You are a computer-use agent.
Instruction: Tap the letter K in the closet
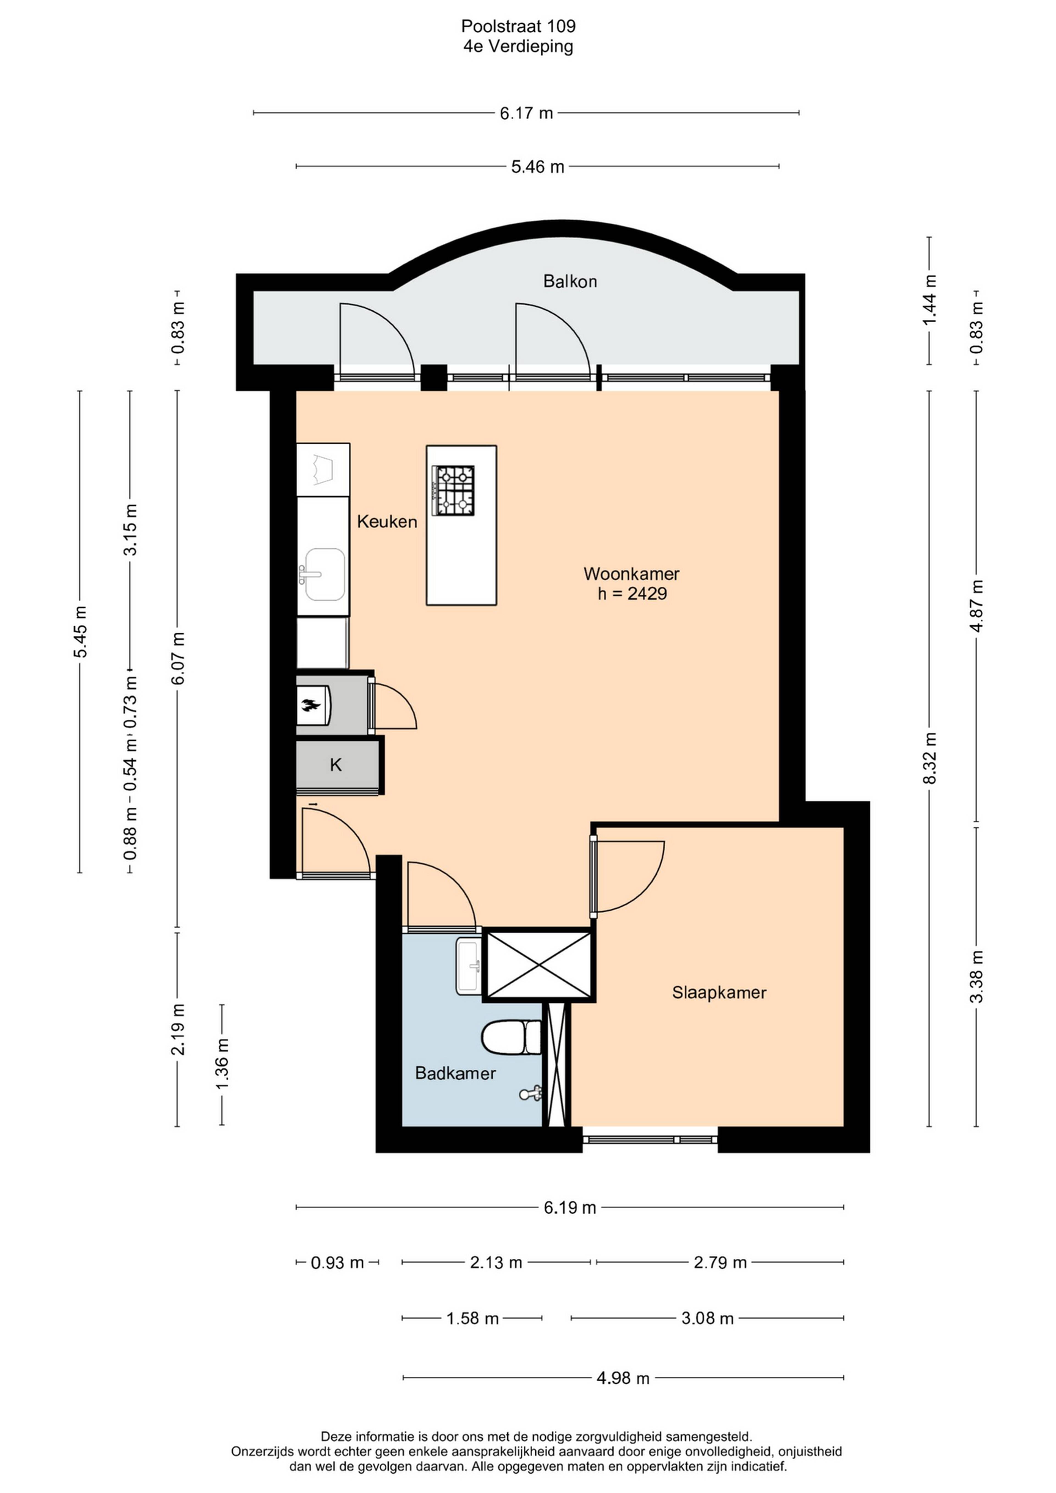(335, 765)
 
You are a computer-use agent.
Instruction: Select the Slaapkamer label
(719, 993)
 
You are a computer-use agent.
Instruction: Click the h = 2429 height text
(632, 594)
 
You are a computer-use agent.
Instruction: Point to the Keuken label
(387, 521)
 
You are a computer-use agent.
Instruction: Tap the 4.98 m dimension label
(623, 1378)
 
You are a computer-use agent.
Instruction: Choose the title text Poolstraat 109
(518, 26)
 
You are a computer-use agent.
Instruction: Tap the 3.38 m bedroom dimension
(977, 977)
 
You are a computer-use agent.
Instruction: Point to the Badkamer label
(455, 1074)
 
